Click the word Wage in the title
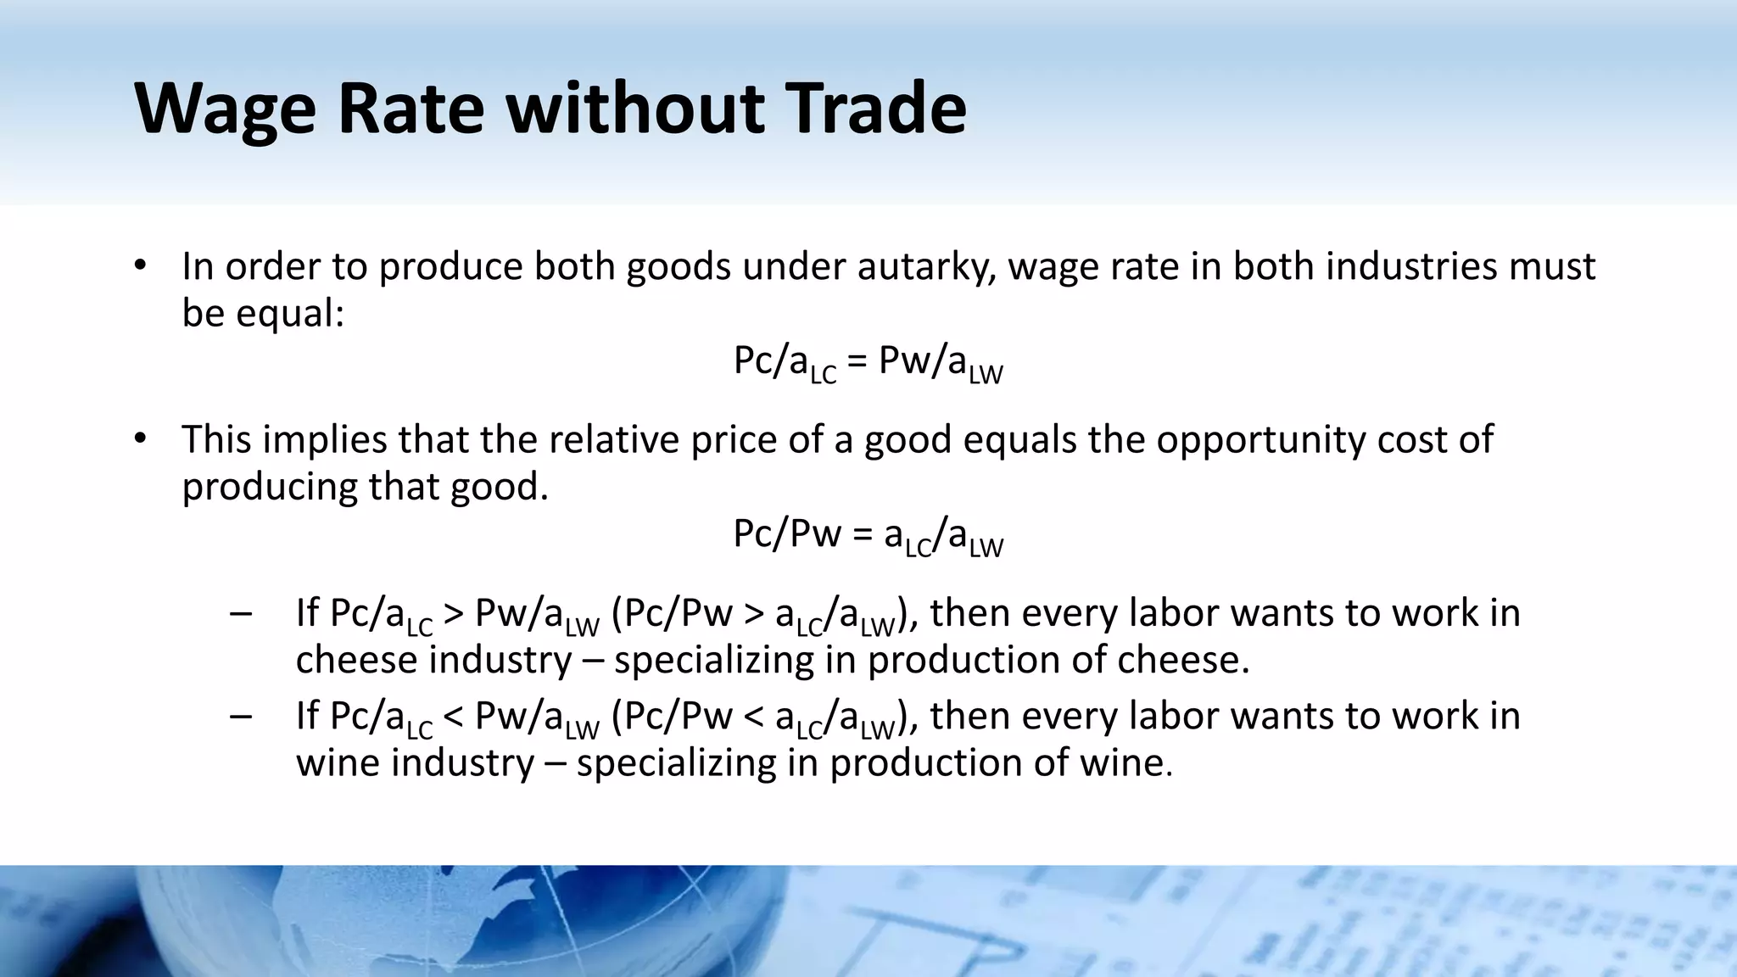(x=225, y=109)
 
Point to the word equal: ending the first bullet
(x=290, y=314)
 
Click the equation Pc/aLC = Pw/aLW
(x=868, y=363)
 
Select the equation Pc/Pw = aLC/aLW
(x=868, y=536)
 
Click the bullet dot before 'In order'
(x=141, y=266)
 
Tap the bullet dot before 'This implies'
(x=141, y=439)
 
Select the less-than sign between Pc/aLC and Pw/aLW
(x=453, y=717)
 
